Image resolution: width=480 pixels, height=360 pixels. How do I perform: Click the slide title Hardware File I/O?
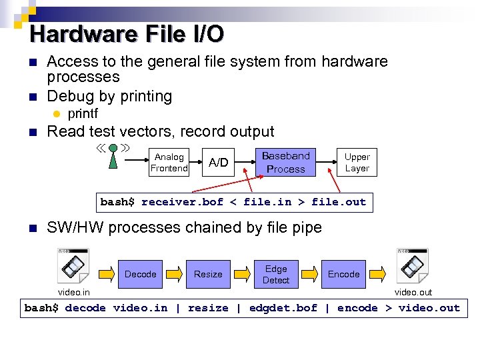(127, 33)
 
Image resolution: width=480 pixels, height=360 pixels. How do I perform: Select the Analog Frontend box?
(169, 163)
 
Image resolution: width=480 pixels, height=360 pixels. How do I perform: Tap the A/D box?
(219, 163)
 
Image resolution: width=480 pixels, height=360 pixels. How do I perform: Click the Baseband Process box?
(285, 163)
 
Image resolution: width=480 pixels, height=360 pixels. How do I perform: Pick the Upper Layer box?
(357, 163)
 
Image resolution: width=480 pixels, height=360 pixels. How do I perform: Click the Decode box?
(141, 274)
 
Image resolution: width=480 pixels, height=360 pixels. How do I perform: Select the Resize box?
(208, 274)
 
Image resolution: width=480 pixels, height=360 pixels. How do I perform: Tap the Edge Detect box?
(276, 274)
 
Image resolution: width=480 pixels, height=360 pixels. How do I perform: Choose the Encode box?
(343, 274)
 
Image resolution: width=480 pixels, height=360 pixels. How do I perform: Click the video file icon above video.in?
(73, 265)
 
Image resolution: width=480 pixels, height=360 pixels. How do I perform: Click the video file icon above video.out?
(413, 265)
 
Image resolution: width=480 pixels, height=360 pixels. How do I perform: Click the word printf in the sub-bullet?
(83, 114)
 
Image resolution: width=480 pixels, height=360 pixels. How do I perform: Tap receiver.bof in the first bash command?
(182, 202)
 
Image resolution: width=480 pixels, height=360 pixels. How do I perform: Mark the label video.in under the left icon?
(74, 292)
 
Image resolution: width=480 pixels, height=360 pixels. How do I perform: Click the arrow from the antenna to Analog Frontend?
(133, 161)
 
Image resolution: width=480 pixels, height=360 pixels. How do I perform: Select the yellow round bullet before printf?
(57, 114)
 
